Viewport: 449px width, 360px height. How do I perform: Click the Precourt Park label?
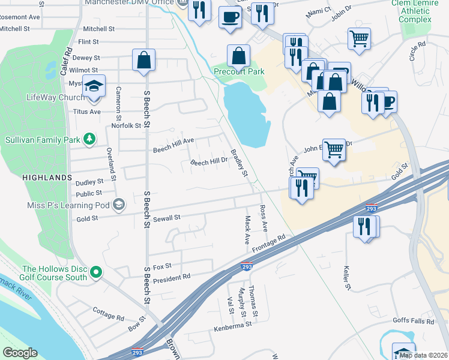pos(239,72)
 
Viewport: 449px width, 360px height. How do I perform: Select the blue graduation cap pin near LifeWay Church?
pos(94,86)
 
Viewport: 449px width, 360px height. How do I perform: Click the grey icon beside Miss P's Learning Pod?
pos(119,205)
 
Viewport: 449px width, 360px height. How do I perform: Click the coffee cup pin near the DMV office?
pos(229,17)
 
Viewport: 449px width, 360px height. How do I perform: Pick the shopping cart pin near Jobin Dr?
pos(359,39)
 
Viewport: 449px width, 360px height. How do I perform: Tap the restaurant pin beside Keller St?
pos(365,227)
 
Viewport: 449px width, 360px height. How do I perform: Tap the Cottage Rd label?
pos(108,313)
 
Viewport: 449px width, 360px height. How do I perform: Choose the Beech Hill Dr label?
pos(209,162)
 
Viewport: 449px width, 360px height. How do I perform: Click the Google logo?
pos(20,353)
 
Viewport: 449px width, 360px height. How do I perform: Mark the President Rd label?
pos(172,279)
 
